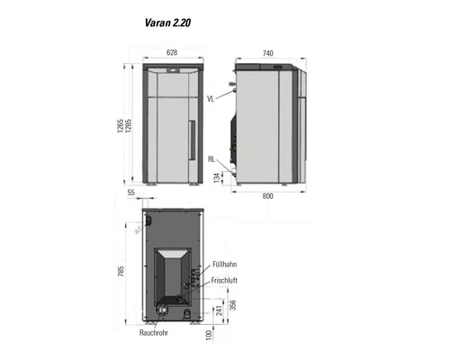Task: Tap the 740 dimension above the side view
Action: pos(267,54)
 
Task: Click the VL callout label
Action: pos(211,97)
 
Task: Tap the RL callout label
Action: pos(211,159)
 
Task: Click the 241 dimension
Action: pos(219,310)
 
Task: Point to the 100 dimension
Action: pos(209,335)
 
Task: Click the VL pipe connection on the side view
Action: pos(232,88)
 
